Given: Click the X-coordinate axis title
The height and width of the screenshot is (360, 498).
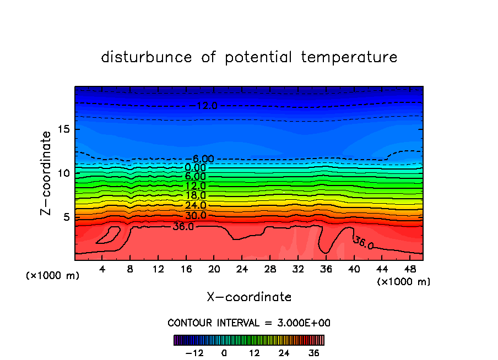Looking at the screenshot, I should (x=249, y=297).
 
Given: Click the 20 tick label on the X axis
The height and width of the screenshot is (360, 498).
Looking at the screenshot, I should (x=214, y=269).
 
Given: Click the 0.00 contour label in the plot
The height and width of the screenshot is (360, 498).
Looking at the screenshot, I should (x=196, y=167).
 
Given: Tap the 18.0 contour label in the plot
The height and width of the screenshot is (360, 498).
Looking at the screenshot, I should (x=196, y=195).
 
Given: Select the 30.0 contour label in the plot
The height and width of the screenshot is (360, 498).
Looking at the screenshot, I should (x=196, y=215).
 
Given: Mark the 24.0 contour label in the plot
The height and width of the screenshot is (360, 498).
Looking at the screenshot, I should (x=196, y=205).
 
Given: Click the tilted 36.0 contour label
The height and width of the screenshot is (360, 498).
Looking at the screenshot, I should (x=363, y=243).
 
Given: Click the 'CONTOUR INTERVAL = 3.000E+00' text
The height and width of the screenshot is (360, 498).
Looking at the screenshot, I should (x=249, y=323).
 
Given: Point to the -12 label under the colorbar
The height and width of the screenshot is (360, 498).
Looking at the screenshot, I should (x=194, y=353).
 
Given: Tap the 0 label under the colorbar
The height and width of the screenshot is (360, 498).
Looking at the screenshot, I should (x=224, y=353).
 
